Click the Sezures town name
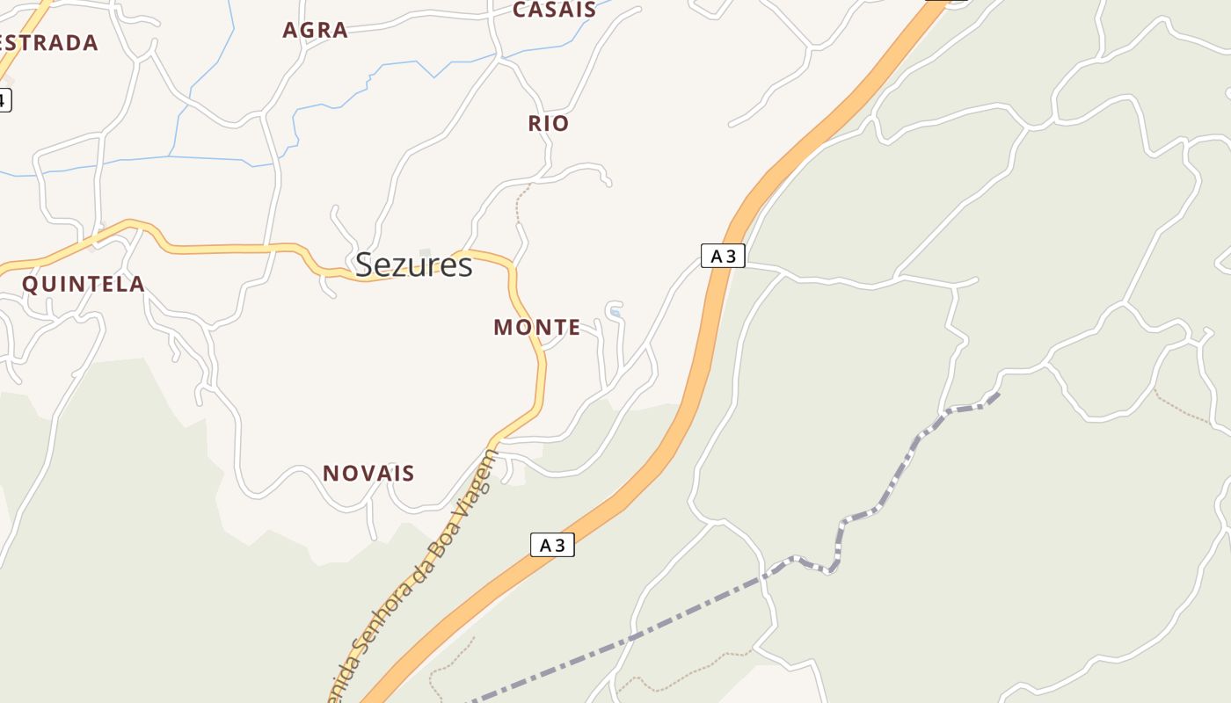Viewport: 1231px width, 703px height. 413,265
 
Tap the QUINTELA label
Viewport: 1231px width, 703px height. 84,284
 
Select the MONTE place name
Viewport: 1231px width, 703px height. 536,328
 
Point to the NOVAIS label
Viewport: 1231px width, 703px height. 368,474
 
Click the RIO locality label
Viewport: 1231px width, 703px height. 549,124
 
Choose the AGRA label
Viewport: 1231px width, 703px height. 315,30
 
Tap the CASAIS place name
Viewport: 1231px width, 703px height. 554,11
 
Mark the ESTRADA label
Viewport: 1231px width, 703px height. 48,43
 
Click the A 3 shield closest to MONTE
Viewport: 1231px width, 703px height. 723,256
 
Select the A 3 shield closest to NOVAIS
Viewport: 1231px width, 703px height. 552,545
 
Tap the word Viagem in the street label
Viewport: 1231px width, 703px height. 480,483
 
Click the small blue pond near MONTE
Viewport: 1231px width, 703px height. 615,312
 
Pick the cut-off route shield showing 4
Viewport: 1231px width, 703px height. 4,99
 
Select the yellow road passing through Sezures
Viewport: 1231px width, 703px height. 229,249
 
